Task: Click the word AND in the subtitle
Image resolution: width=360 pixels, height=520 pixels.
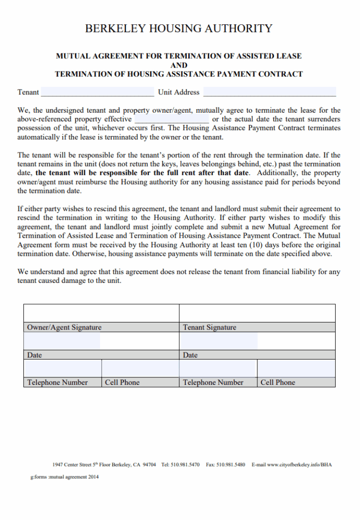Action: [x=179, y=65]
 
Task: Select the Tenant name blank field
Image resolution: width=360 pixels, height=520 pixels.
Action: [x=97, y=92]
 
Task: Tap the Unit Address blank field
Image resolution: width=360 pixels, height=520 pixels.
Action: [x=269, y=92]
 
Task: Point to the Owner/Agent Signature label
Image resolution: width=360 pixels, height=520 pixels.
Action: [x=64, y=328]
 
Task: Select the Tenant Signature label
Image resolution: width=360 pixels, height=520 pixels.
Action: [x=209, y=328]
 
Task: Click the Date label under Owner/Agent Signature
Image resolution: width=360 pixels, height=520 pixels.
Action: [x=35, y=355]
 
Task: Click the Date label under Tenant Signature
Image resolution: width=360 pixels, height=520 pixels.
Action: [x=190, y=355]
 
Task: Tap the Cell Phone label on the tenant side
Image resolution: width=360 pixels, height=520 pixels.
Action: [x=277, y=382]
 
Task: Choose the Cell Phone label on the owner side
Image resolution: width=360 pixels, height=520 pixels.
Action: [x=122, y=382]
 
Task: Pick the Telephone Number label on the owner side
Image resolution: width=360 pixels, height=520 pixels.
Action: [x=57, y=382]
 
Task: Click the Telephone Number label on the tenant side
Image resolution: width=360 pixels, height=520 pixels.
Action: [x=213, y=382]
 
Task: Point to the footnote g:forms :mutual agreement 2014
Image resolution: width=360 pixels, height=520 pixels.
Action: [x=64, y=477]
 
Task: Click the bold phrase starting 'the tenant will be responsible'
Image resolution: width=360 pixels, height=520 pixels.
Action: [x=142, y=173]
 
